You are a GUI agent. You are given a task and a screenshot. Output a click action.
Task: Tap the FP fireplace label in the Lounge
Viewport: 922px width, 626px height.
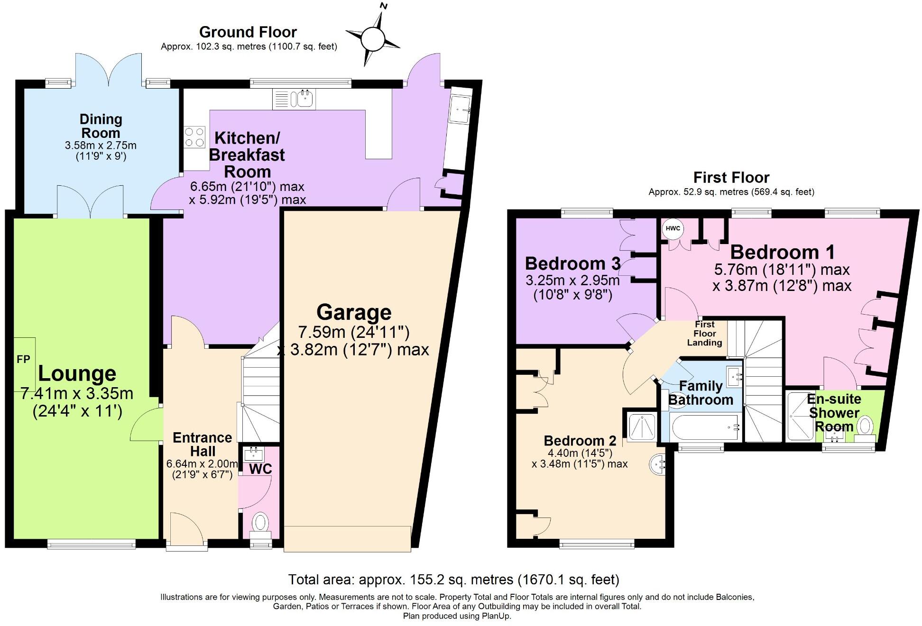23,360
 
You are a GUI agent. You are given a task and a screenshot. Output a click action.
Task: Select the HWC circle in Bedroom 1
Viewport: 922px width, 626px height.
673,228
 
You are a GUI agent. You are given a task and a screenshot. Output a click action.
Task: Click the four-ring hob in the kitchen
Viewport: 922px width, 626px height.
195,137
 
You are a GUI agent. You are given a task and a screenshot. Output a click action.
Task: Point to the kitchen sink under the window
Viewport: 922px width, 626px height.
294,99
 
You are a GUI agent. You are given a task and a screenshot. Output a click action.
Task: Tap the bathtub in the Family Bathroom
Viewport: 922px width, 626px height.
704,427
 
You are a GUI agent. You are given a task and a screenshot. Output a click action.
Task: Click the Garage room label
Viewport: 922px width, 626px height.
354,312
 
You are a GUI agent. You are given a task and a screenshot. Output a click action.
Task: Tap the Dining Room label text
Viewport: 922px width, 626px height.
101,126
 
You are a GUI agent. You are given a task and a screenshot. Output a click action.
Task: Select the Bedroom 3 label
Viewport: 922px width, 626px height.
572,263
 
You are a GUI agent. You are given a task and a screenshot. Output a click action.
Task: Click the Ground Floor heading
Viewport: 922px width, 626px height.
248,32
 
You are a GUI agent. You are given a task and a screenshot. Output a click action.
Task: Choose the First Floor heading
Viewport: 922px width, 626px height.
731,177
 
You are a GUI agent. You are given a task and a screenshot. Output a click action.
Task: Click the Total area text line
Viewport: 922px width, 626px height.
454,580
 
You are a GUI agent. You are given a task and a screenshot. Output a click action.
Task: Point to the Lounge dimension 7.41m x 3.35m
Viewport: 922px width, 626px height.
77,393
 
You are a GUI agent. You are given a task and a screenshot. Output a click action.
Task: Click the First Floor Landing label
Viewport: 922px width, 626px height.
705,334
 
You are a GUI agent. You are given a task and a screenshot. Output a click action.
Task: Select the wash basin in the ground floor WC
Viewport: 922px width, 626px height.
254,454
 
